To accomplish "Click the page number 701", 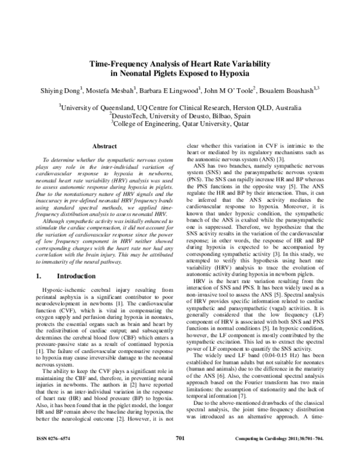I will click(x=179, y=455).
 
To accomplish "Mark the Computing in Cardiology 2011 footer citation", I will click(x=288, y=455).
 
